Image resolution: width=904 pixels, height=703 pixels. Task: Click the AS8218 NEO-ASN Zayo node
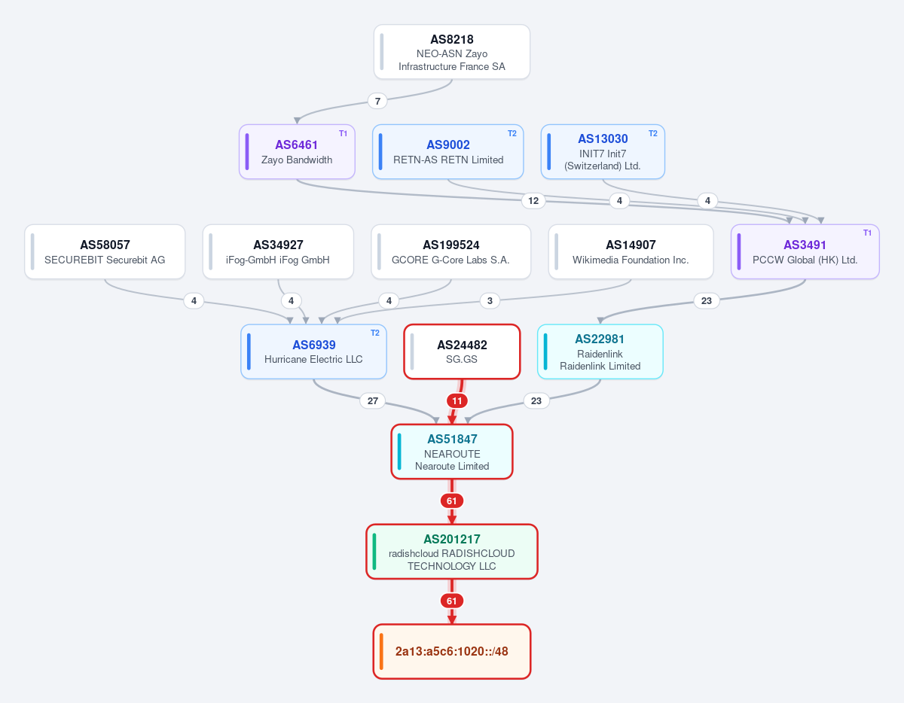[x=452, y=52]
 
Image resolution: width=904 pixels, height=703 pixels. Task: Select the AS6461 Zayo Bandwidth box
[x=297, y=151]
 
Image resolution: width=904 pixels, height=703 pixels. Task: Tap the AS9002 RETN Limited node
[x=448, y=151]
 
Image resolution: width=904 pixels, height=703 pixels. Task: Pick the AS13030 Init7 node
[x=603, y=151]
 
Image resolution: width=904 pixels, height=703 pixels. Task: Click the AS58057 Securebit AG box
[x=105, y=252]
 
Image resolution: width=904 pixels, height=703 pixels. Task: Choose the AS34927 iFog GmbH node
[x=278, y=252]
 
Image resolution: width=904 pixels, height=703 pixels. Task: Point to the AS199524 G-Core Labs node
[x=451, y=252]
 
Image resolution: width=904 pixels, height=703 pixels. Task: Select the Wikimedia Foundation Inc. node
[x=631, y=252]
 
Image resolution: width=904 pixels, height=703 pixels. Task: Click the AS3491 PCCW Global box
[x=805, y=252]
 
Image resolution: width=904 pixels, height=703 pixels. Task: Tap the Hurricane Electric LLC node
[x=313, y=351]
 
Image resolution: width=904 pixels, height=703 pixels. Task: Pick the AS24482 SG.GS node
[x=462, y=351]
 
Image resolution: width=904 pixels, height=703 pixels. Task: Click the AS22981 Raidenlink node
[x=600, y=351]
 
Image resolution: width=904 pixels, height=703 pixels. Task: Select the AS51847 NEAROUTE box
[x=452, y=452]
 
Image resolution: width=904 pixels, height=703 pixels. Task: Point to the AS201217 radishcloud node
[x=452, y=552]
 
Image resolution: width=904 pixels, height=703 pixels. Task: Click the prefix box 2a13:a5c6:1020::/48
[x=452, y=652]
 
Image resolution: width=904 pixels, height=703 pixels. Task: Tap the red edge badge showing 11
[x=457, y=401]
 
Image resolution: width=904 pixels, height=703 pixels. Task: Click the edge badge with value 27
[x=373, y=401]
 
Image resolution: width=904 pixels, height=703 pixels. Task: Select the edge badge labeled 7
[x=377, y=101]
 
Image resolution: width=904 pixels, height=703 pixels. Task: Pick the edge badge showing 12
[x=533, y=201]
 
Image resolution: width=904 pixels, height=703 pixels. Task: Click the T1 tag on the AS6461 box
[x=343, y=133]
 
